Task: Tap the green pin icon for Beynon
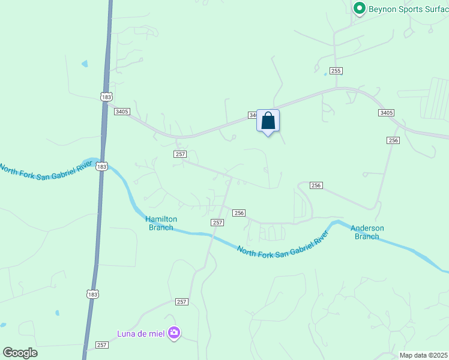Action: click(x=360, y=8)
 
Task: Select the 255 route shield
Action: click(x=336, y=71)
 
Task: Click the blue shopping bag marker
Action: click(x=268, y=121)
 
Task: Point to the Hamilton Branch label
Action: click(x=161, y=223)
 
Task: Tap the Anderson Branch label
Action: click(x=367, y=232)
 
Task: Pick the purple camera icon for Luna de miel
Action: click(x=174, y=332)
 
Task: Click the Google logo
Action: click(x=20, y=353)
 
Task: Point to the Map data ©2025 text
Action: click(x=423, y=355)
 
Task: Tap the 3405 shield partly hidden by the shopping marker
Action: click(x=253, y=115)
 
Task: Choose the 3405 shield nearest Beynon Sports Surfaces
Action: click(x=386, y=113)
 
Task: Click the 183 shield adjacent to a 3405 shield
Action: click(x=106, y=97)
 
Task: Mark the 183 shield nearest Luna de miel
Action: click(x=92, y=294)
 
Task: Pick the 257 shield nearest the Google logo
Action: click(x=102, y=345)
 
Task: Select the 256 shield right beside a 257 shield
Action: click(x=239, y=213)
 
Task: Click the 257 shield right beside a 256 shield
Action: click(x=218, y=223)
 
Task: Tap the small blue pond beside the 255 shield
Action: click(x=325, y=74)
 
